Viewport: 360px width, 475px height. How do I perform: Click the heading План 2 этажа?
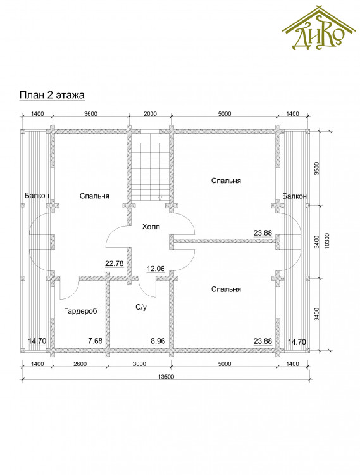(52, 95)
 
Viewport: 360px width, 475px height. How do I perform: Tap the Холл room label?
(151, 227)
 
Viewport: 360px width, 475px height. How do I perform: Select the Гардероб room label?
(80, 311)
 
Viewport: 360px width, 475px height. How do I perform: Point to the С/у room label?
(141, 307)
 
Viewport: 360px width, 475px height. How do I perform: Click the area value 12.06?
(156, 269)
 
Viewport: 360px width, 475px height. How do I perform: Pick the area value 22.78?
(115, 263)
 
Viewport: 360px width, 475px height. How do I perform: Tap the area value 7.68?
(96, 341)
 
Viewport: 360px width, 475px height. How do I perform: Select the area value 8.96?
(158, 341)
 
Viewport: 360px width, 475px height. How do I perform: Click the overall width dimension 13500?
(166, 377)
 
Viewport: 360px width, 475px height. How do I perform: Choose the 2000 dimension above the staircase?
(150, 114)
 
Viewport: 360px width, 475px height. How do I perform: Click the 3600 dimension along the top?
(90, 114)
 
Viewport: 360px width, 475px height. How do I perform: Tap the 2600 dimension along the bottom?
(80, 364)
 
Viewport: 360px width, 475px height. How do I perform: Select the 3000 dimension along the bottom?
(139, 364)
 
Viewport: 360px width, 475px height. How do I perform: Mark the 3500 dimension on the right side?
(316, 168)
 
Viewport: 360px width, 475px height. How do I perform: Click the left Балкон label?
(37, 196)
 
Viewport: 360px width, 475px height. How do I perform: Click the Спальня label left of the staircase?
(94, 196)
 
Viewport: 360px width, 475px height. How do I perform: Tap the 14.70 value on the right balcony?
(297, 342)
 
